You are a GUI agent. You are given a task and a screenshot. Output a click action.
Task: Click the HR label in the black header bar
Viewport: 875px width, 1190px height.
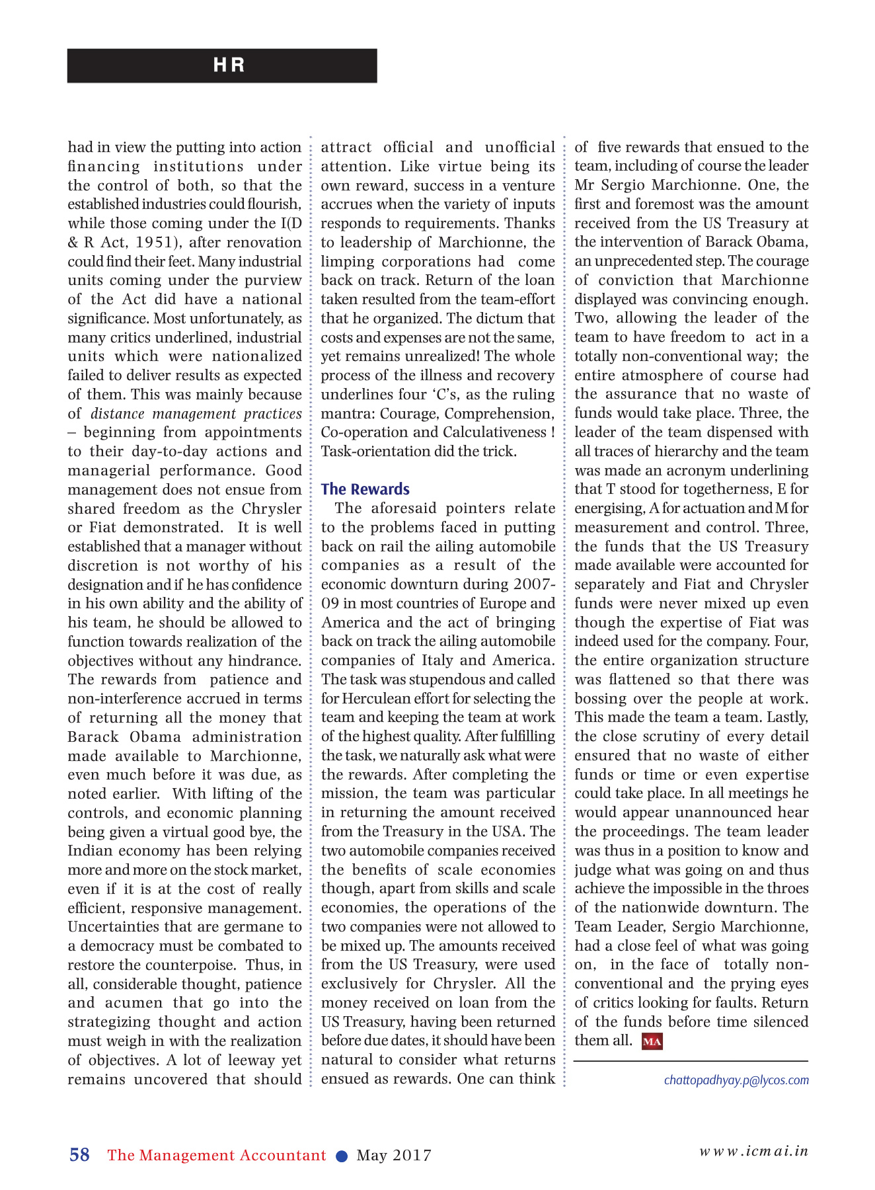tap(229, 65)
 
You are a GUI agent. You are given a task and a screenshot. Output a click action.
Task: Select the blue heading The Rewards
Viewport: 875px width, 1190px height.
tap(365, 489)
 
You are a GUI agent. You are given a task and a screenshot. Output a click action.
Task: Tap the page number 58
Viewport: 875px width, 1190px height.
tap(79, 1154)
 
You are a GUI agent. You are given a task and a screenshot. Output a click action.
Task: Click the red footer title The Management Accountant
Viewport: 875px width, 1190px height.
tap(217, 1155)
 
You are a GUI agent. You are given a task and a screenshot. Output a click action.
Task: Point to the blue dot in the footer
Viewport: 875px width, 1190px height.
tap(342, 1156)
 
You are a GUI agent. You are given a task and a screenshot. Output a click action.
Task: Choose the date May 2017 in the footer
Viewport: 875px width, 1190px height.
tap(394, 1156)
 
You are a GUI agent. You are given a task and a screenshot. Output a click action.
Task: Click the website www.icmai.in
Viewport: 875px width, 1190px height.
tap(754, 1150)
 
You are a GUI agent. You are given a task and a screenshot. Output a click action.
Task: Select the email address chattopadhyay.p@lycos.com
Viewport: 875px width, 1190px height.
tap(736, 1080)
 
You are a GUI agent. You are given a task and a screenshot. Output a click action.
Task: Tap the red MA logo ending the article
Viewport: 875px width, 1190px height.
tap(652, 1041)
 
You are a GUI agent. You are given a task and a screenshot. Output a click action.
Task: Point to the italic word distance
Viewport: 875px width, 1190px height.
tap(118, 414)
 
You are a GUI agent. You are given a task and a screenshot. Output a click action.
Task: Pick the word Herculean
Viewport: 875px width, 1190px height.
tap(373, 699)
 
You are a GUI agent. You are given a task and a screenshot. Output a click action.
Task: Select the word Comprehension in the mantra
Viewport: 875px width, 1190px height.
tap(499, 414)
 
